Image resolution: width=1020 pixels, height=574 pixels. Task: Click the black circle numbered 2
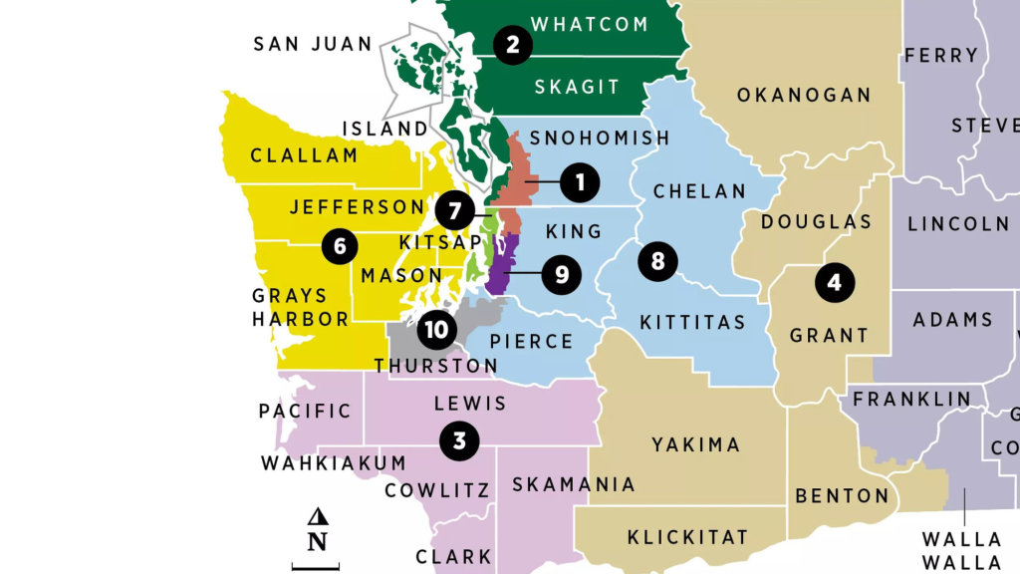[512, 45]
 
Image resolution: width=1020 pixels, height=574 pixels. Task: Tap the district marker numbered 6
[340, 246]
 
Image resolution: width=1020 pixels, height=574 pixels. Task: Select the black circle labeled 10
[435, 327]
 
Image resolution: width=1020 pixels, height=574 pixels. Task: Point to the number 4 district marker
[834, 283]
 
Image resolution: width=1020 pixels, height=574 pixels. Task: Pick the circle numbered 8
[657, 261]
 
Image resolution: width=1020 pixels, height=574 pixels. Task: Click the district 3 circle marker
[459, 439]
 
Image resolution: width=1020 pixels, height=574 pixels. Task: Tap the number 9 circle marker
[562, 274]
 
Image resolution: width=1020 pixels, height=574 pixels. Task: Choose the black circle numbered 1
[580, 182]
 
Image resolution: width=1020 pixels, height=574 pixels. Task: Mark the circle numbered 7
[454, 211]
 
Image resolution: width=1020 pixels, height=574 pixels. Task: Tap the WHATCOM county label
[590, 24]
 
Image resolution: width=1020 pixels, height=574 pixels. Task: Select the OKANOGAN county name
[804, 96]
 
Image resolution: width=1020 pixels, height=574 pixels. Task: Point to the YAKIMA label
[696, 444]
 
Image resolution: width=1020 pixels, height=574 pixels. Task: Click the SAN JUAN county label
[313, 44]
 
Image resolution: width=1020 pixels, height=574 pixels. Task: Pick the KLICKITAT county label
[687, 537]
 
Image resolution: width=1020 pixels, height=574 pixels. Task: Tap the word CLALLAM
[304, 155]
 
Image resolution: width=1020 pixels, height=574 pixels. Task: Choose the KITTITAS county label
[692, 322]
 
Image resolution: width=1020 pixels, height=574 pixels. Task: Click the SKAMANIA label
[573, 484]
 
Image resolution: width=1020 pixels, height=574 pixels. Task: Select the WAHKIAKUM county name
[334, 463]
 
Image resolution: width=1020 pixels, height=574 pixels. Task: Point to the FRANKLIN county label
[911, 399]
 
